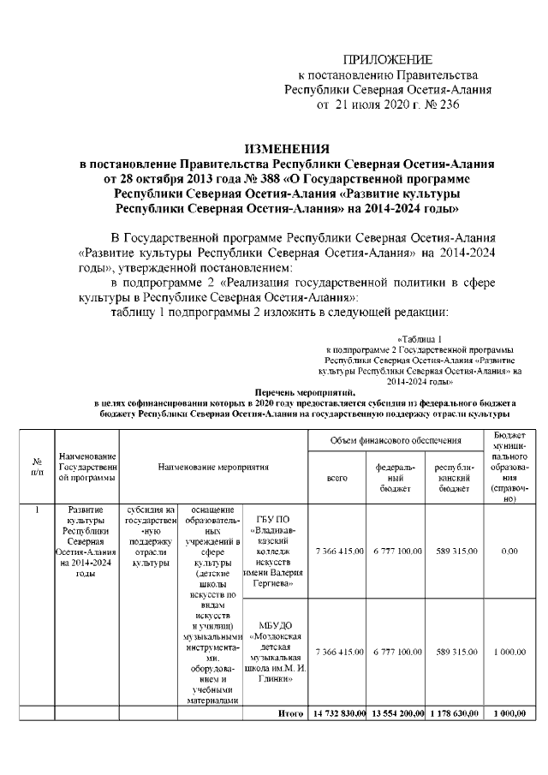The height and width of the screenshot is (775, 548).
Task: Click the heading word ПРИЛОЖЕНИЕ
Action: pyautogui.click(x=388, y=59)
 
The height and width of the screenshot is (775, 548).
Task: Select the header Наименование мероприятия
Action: pyautogui.click(x=213, y=468)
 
